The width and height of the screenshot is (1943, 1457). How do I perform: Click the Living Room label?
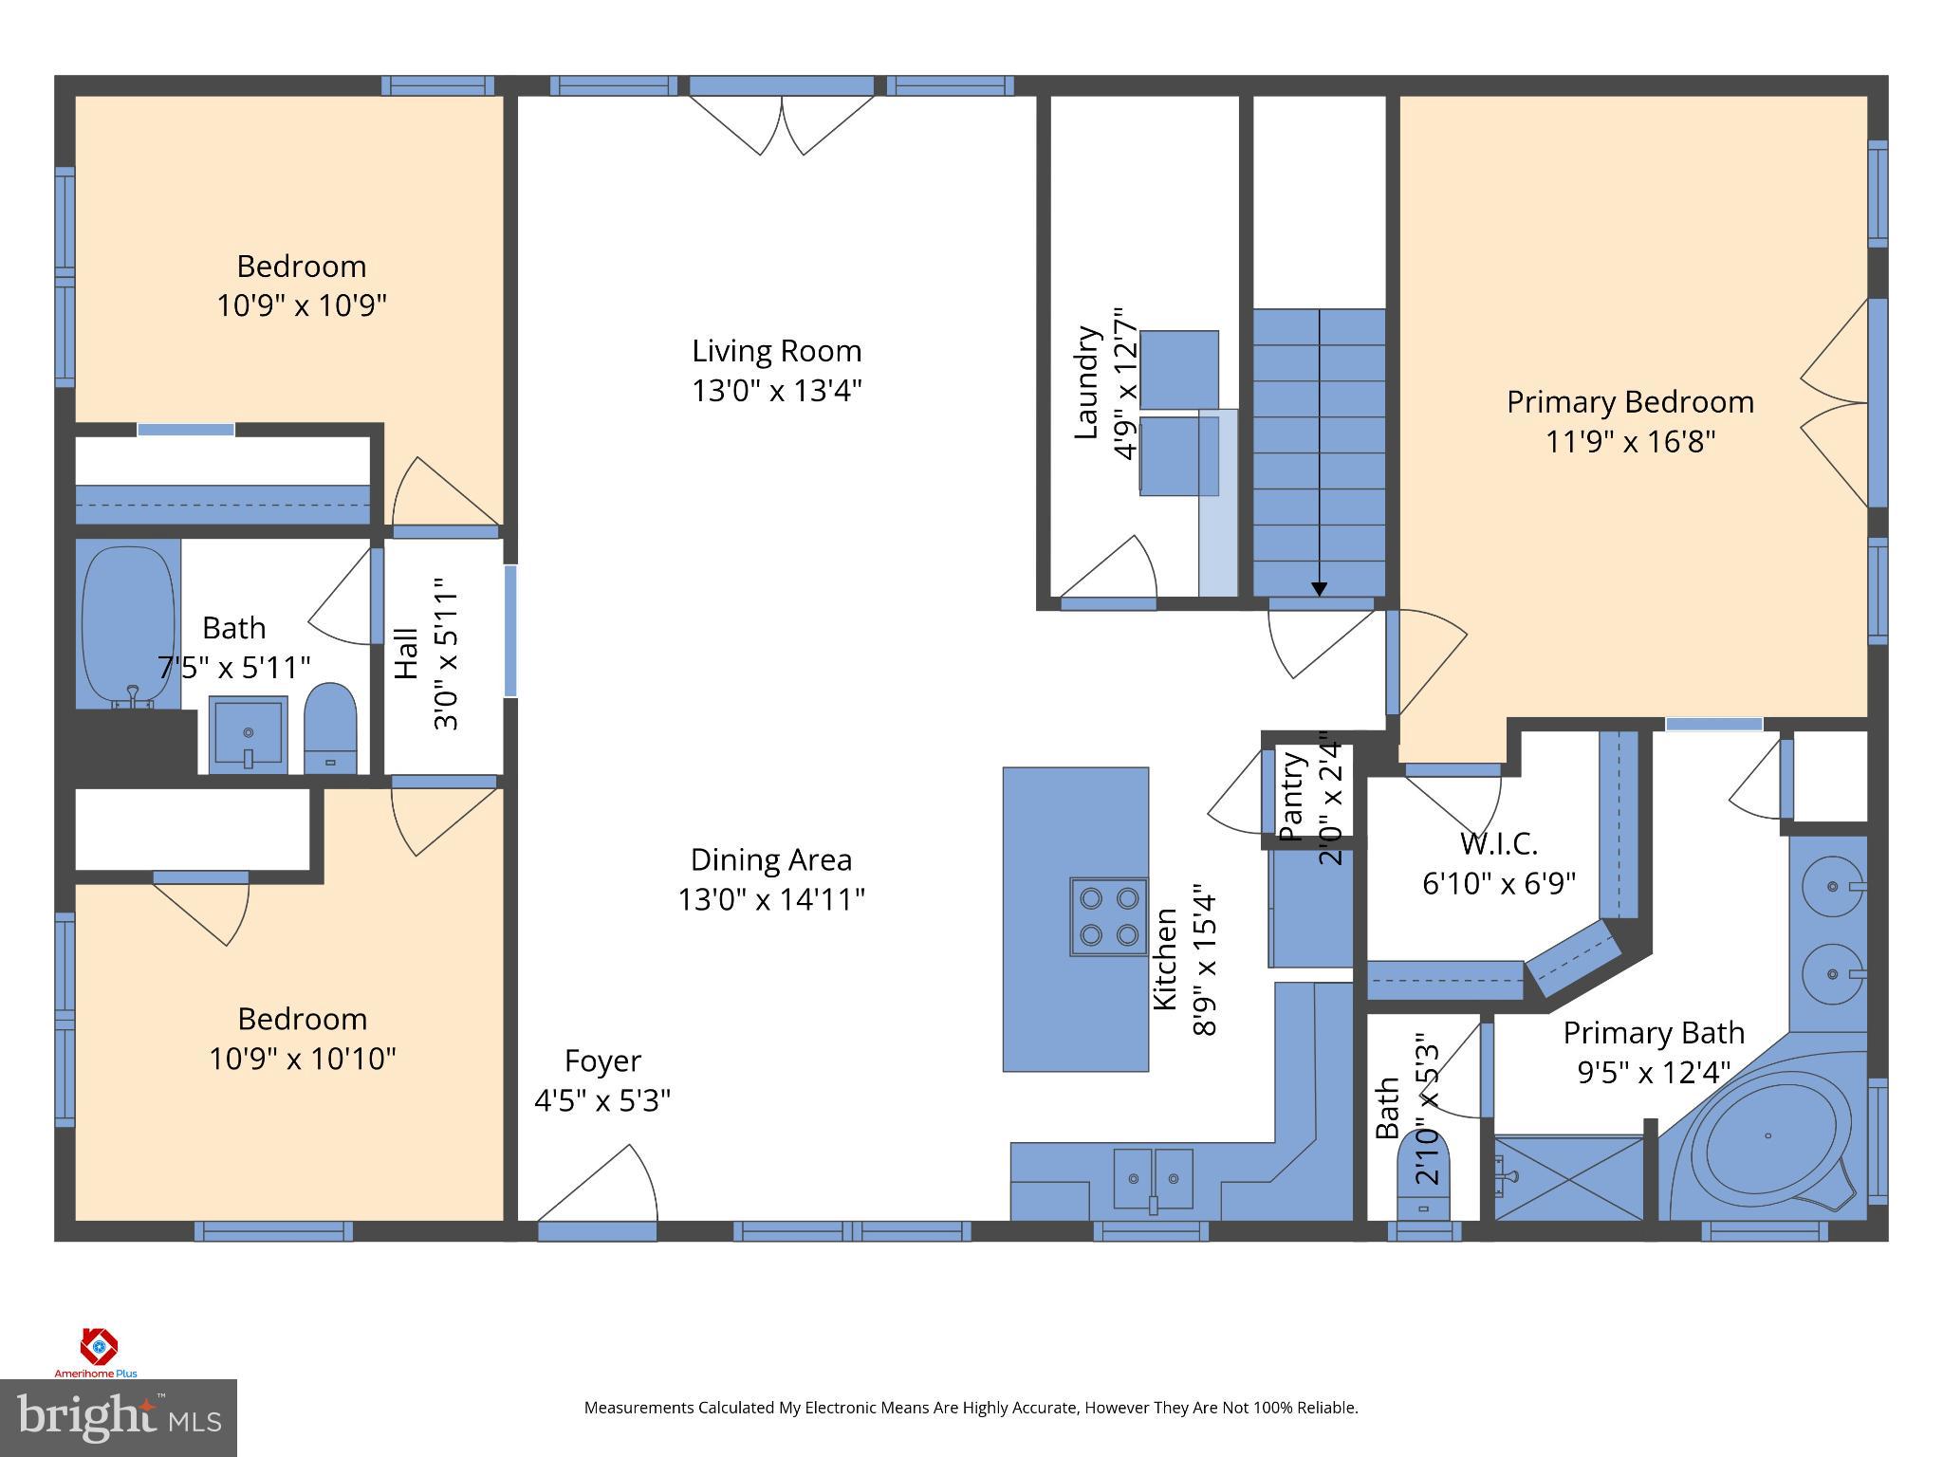(776, 351)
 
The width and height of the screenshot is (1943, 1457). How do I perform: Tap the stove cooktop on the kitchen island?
(1108, 916)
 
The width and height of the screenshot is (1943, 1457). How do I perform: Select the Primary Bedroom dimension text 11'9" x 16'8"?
(1630, 442)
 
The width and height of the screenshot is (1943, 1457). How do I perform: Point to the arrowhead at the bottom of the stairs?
(1319, 589)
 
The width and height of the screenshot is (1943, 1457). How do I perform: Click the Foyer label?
(602, 1060)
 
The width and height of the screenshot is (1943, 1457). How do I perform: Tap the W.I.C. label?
(1498, 842)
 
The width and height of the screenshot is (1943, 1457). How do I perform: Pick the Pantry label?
(1289, 796)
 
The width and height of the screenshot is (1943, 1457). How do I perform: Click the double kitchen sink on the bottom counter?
(1153, 1178)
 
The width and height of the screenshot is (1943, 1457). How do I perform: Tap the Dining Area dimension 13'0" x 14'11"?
(770, 899)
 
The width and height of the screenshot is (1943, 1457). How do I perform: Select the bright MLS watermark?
(119, 1418)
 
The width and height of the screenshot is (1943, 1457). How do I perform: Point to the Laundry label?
(1086, 383)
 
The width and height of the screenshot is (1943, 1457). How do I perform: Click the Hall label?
(406, 654)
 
